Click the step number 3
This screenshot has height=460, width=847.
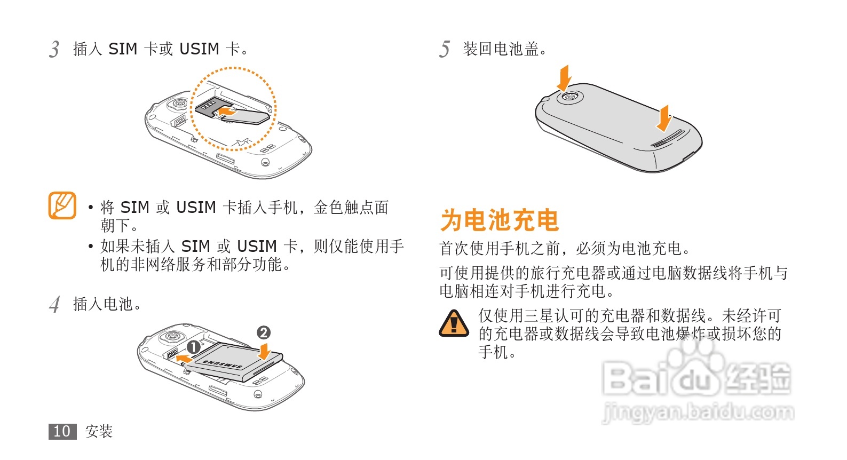pos(54,49)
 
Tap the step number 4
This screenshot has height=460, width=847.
pos(54,304)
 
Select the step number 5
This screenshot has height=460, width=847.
pos(445,49)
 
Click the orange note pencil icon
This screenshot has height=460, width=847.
pos(62,205)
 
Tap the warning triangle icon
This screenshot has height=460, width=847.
pos(454,323)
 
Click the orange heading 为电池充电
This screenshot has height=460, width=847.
pos(500,220)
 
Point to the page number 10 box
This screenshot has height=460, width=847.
pos(62,431)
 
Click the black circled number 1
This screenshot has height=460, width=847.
pos(193,347)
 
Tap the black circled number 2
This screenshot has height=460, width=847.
pos(264,332)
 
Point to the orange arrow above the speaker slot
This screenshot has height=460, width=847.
pos(664,118)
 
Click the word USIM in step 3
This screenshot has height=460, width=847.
pos(199,49)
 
